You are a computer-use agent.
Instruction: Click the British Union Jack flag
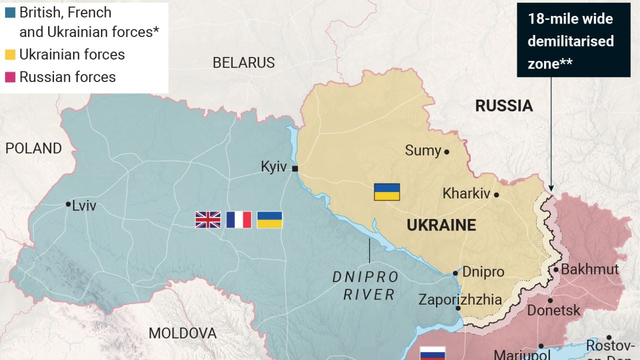coord(207,220)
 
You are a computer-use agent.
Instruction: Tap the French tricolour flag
coord(238,220)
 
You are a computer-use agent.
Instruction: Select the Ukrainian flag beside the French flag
coord(269,220)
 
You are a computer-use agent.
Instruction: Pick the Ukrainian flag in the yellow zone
coord(387,192)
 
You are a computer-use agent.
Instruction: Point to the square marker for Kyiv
coord(295,169)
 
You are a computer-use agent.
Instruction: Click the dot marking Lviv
coord(68,204)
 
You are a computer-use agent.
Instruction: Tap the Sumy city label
coord(423,150)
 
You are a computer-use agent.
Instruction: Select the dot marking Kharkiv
coord(496,195)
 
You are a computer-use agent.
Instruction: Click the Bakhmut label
coord(590,269)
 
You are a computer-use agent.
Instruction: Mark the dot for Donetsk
coord(550,300)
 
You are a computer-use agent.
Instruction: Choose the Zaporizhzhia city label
coord(460,299)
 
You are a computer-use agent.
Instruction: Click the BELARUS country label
coord(243,62)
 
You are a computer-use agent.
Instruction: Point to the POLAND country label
coord(33,148)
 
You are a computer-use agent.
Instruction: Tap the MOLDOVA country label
coord(182,333)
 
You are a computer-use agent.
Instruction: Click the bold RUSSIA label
coord(504,106)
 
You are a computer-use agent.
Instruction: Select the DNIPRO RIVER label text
coord(365,285)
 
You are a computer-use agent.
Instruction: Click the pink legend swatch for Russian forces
coord(10,77)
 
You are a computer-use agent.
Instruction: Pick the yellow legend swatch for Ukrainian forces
coord(10,54)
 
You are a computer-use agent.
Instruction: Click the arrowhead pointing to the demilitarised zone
coord(551,187)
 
